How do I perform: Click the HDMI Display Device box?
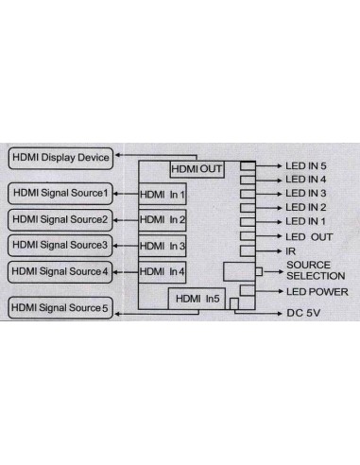point(60,156)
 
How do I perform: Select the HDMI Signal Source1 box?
point(60,194)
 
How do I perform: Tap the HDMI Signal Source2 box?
point(60,219)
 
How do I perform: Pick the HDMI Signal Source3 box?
point(60,245)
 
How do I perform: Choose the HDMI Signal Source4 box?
point(60,271)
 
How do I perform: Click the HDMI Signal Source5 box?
point(60,308)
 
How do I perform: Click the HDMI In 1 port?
point(163,195)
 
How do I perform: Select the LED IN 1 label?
point(305,220)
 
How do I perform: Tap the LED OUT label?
point(308,235)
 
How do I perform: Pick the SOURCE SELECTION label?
point(315,270)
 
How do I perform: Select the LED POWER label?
point(317,292)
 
